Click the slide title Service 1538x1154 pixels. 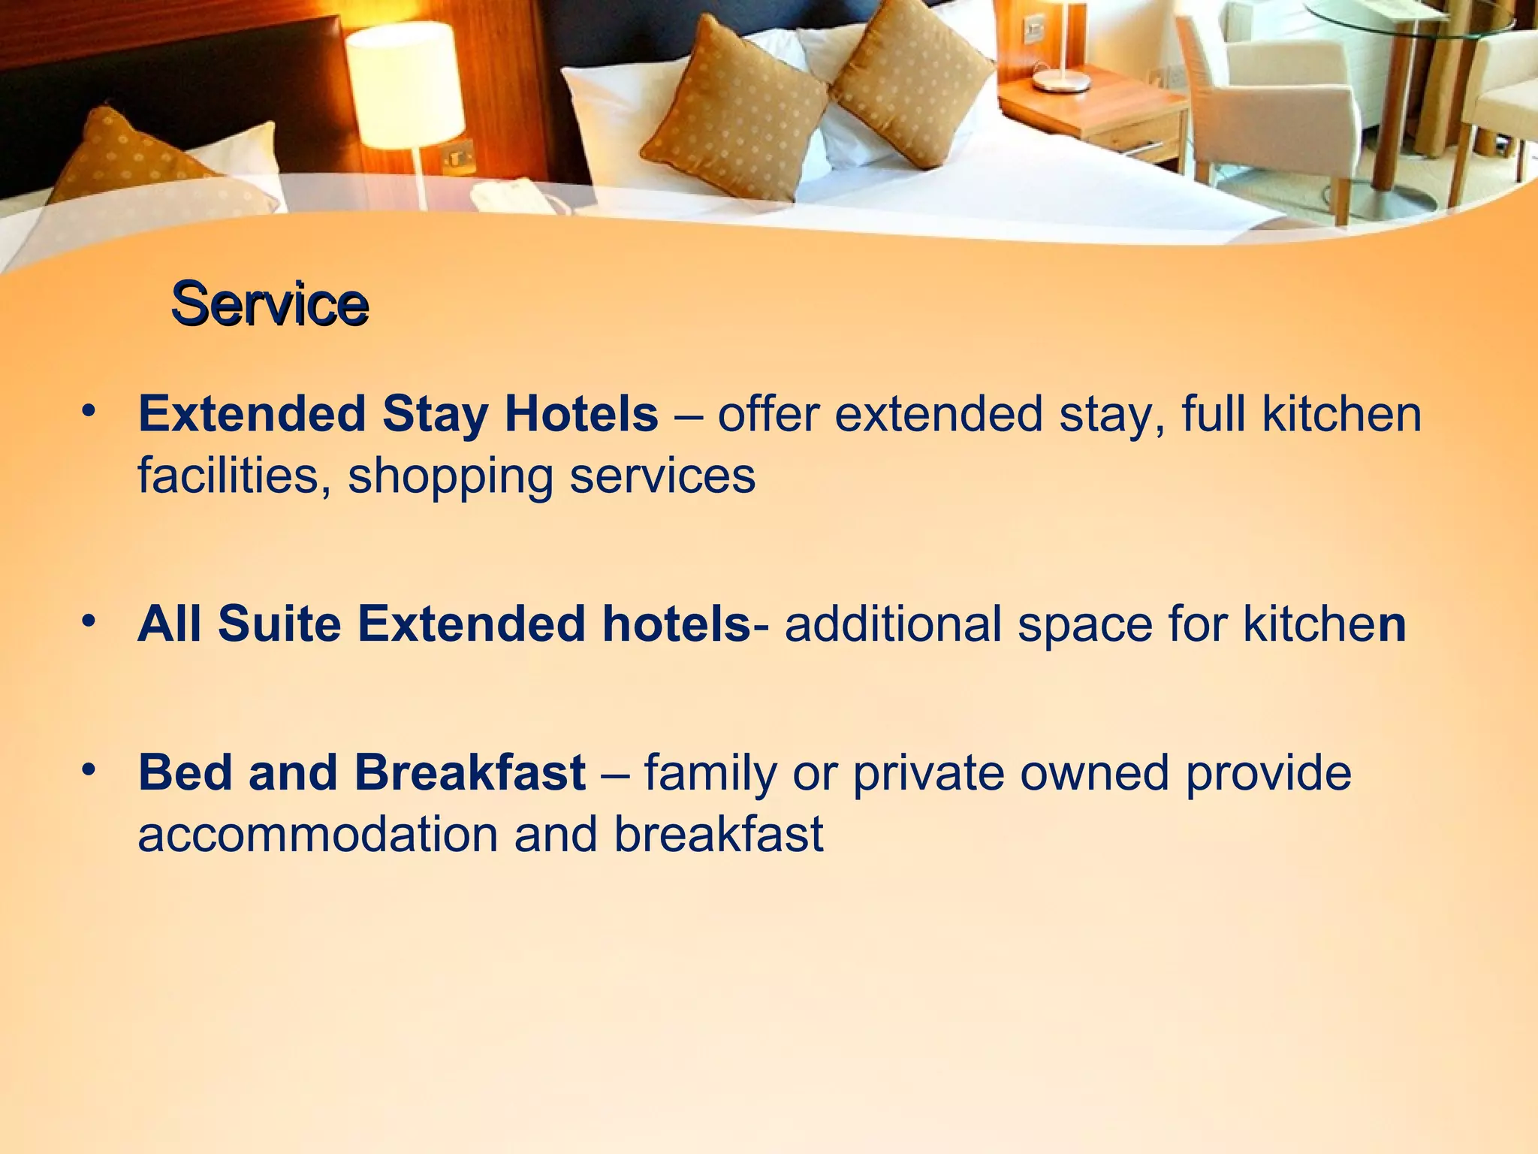pos(270,304)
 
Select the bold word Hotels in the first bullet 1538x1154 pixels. pos(581,414)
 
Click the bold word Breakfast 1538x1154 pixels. pos(470,772)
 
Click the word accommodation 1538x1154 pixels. pos(318,835)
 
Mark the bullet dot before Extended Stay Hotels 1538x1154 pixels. pos(89,412)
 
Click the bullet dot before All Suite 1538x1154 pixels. pos(89,621)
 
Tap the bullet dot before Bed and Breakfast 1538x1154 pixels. pos(89,770)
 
